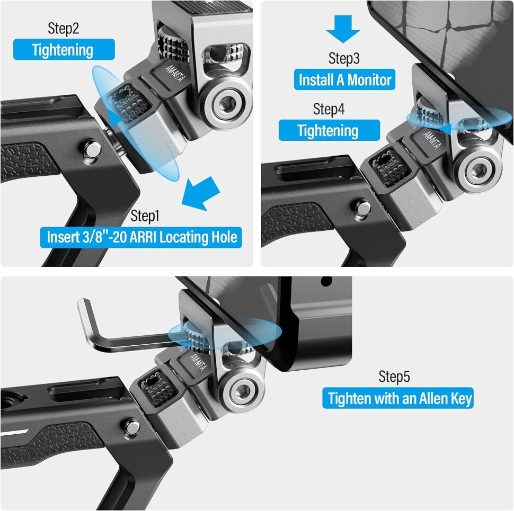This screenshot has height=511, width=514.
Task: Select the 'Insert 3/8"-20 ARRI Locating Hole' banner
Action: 141,237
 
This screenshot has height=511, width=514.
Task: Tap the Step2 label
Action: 64,28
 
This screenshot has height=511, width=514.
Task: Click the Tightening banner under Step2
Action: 64,50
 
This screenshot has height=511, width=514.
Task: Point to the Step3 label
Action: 344,58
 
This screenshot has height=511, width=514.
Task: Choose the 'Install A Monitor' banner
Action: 345,80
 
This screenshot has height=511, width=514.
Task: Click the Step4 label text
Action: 329,109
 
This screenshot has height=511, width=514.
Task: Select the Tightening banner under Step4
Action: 329,130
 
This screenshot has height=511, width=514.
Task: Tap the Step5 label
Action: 394,376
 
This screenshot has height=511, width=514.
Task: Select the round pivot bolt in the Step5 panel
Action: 243,392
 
